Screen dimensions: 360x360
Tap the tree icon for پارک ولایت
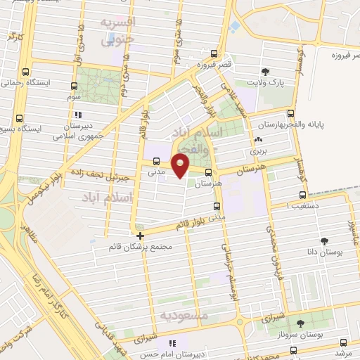[x=265, y=71]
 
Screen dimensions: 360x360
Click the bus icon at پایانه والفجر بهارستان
[x=290, y=113]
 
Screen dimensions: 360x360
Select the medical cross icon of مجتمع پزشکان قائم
[x=140, y=236]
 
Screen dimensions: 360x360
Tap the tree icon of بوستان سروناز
[x=300, y=323]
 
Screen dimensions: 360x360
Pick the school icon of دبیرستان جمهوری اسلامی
[x=78, y=114]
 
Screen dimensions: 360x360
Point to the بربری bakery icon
[x=252, y=141]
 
